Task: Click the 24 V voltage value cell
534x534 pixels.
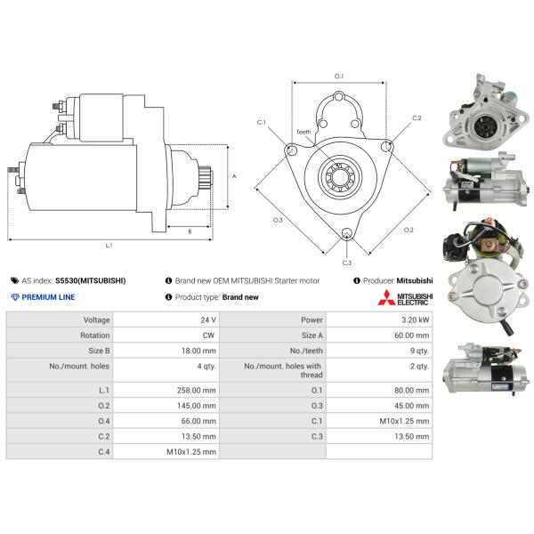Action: pyautogui.click(x=166, y=320)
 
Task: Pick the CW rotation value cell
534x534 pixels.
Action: pyautogui.click(x=166, y=336)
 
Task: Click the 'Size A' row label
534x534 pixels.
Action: pyautogui.click(x=312, y=336)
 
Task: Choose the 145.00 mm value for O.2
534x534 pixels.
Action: pyautogui.click(x=196, y=406)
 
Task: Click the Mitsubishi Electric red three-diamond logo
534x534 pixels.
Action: pyautogui.click(x=386, y=297)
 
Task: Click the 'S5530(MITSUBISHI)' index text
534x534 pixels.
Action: pyautogui.click(x=91, y=281)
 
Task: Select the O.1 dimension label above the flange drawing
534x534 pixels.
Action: pyautogui.click(x=339, y=77)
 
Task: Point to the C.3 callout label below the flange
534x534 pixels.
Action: pyautogui.click(x=347, y=263)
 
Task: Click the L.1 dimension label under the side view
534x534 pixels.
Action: pyautogui.click(x=109, y=246)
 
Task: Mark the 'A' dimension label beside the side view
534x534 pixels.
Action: pyautogui.click(x=234, y=176)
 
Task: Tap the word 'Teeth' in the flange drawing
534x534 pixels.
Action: pyautogui.click(x=303, y=132)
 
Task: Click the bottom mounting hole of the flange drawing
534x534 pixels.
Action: pyautogui.click(x=347, y=233)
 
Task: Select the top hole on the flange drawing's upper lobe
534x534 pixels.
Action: pyautogui.click(x=338, y=97)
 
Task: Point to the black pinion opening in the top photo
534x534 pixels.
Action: pyautogui.click(x=485, y=126)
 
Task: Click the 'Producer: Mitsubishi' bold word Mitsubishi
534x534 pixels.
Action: pyautogui.click(x=415, y=281)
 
